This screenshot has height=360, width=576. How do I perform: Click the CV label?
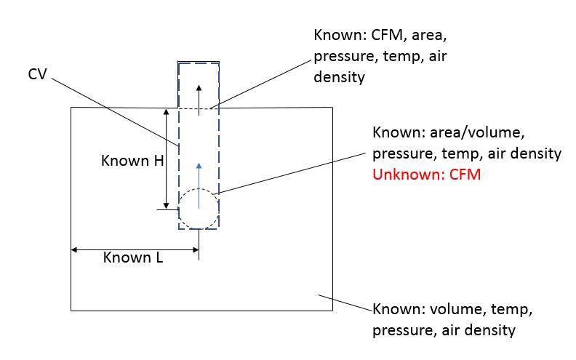click(x=38, y=74)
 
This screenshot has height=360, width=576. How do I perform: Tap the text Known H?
click(x=132, y=161)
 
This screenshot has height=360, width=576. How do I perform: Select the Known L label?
click(x=133, y=257)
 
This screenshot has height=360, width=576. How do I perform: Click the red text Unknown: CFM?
click(x=426, y=174)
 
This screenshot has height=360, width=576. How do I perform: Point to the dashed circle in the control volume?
click(x=199, y=189)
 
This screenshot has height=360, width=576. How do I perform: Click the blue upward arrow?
click(x=199, y=186)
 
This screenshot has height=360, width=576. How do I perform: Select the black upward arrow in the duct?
click(x=199, y=100)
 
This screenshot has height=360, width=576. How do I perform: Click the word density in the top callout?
click(x=339, y=78)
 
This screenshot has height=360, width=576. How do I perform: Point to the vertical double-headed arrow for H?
click(x=166, y=159)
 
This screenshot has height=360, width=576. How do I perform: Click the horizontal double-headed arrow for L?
click(x=135, y=249)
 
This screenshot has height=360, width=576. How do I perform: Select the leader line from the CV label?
click(x=115, y=112)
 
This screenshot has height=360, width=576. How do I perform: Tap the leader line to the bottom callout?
click(x=345, y=303)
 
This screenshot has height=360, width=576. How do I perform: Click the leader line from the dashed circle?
click(x=290, y=173)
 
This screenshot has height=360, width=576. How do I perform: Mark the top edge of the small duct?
click(x=199, y=62)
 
